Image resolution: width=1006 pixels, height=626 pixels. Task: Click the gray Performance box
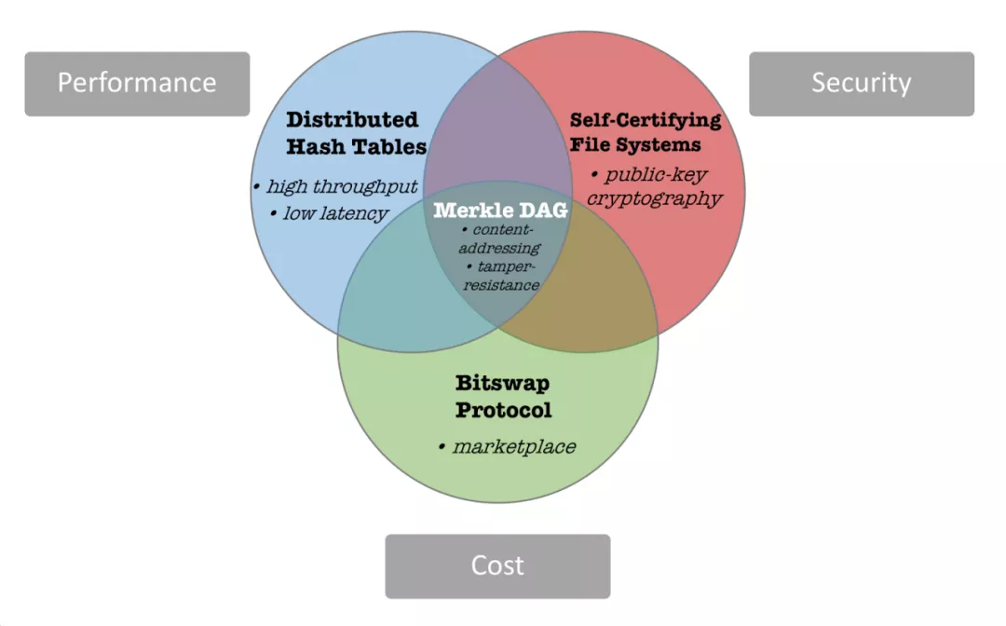pos(137,84)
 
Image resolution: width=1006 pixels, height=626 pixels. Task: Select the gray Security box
pos(862,84)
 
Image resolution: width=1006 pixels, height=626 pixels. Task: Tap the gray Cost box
pos(497,566)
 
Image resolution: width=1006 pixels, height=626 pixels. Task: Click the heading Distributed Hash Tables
pos(355,133)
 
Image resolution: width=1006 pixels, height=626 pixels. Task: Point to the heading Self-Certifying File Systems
pos(646,132)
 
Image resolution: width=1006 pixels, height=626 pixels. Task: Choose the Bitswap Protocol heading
pos(503,396)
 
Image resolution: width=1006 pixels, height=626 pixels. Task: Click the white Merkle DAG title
pos(501,211)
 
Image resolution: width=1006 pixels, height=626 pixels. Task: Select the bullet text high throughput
pos(341,187)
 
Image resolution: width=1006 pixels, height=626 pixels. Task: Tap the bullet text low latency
pos(333,214)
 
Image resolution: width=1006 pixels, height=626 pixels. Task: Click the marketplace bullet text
pos(512,447)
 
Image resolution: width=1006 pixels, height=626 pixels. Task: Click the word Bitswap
pos(504,382)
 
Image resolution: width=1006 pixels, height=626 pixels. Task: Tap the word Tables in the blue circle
pos(385,146)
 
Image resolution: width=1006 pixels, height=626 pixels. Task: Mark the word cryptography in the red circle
pos(655,198)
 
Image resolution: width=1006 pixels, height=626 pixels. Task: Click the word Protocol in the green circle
pos(504,410)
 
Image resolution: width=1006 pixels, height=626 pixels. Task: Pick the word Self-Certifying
pos(646,120)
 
